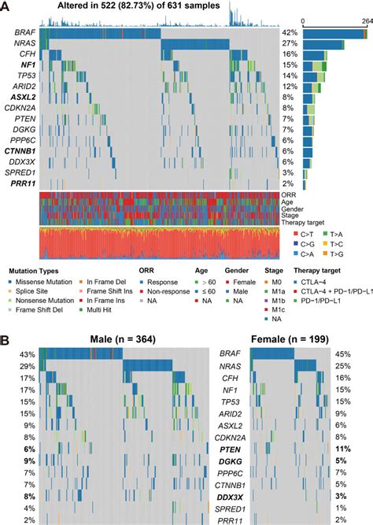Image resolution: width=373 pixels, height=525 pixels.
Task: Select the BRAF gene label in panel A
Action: click(x=24, y=33)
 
